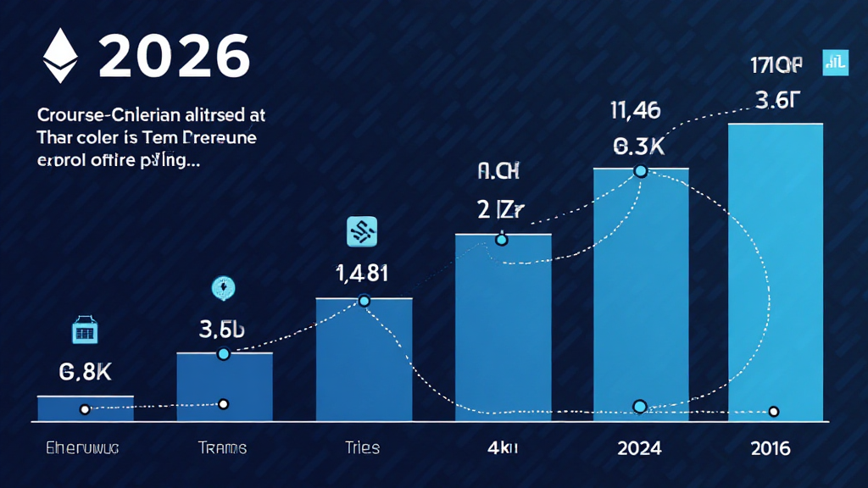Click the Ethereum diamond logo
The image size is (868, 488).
(60, 55)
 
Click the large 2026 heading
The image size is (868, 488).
(175, 57)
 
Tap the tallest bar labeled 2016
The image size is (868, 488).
(776, 271)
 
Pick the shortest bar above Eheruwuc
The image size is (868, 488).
(86, 408)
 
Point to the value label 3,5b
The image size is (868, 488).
(222, 330)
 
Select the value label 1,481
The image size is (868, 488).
(363, 274)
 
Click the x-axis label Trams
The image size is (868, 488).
(222, 447)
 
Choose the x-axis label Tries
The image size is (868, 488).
(362, 447)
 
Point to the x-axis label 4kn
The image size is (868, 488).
(501, 447)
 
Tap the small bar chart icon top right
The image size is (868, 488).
(835, 63)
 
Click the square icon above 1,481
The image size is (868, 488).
(363, 230)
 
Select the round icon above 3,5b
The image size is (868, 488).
(224, 289)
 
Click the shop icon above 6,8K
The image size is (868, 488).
(86, 330)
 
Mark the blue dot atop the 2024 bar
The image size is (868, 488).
(641, 171)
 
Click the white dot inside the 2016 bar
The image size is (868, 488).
(773, 412)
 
